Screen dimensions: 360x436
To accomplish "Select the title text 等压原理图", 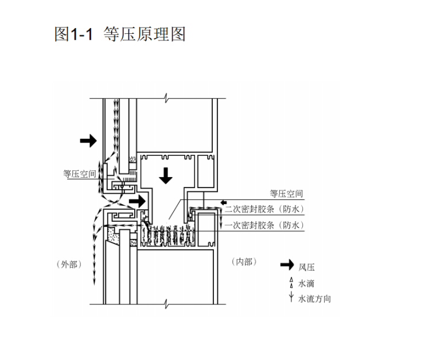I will [144, 34].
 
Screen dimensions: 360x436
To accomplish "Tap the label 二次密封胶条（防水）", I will [264, 209].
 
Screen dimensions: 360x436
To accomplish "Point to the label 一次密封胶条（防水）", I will [264, 225].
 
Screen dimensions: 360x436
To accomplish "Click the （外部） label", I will [68, 264].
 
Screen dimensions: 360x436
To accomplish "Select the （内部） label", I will [243, 262].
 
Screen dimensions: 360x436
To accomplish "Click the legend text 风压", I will [306, 267].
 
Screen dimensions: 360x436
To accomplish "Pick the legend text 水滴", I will [306, 283].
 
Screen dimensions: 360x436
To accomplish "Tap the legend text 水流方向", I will [314, 299].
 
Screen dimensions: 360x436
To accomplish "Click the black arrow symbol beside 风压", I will [287, 265].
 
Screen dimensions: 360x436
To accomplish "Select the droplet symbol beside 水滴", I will [291, 282].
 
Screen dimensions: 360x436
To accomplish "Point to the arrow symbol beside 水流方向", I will [291, 298].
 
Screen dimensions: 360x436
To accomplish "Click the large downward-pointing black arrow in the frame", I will [165, 175].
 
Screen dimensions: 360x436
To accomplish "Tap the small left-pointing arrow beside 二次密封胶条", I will [224, 202].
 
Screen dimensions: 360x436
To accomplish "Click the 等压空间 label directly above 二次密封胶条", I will [286, 194].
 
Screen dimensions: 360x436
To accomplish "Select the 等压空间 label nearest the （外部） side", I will [80, 174].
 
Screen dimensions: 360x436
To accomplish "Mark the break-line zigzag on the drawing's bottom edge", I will [165, 302].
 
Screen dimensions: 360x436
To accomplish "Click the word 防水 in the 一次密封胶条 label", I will [291, 225].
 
